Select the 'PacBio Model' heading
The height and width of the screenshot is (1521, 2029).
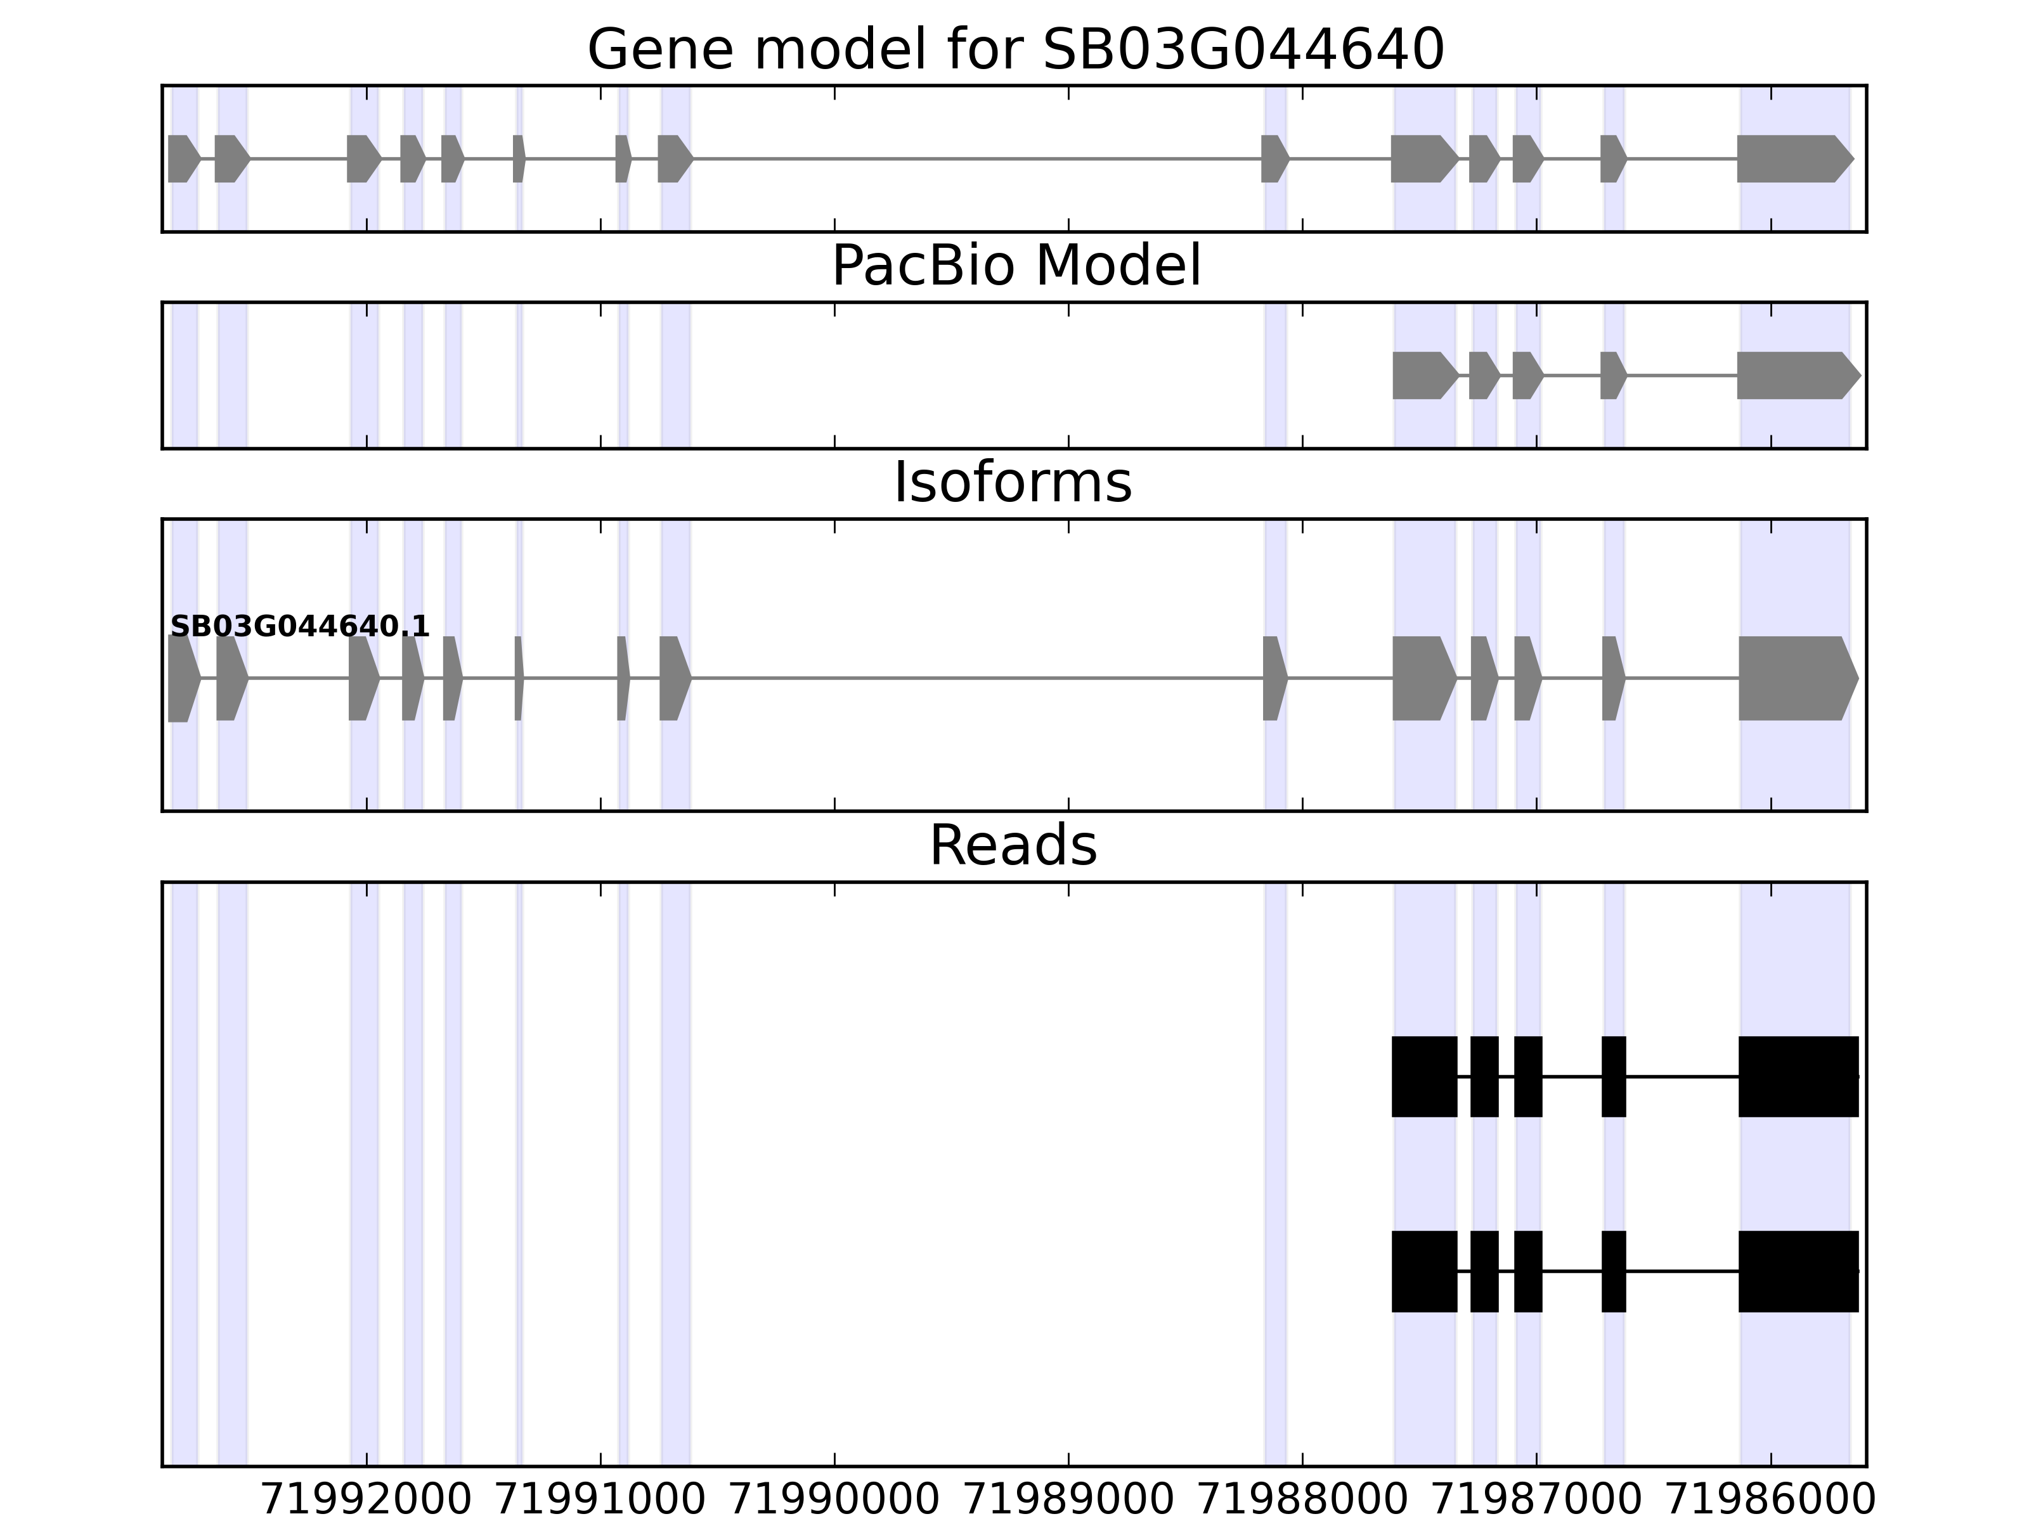1015,266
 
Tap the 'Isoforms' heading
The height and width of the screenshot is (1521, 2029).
1013,483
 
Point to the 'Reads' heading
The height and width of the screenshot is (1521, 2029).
1013,845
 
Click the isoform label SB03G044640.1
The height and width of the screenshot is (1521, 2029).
300,627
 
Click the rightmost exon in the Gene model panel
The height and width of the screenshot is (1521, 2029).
1791,158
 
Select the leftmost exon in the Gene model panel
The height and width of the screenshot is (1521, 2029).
181,158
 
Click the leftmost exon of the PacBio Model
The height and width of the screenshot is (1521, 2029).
1422,375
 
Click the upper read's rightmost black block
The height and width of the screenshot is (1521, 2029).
1798,1076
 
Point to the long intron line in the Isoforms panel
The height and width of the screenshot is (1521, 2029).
977,679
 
